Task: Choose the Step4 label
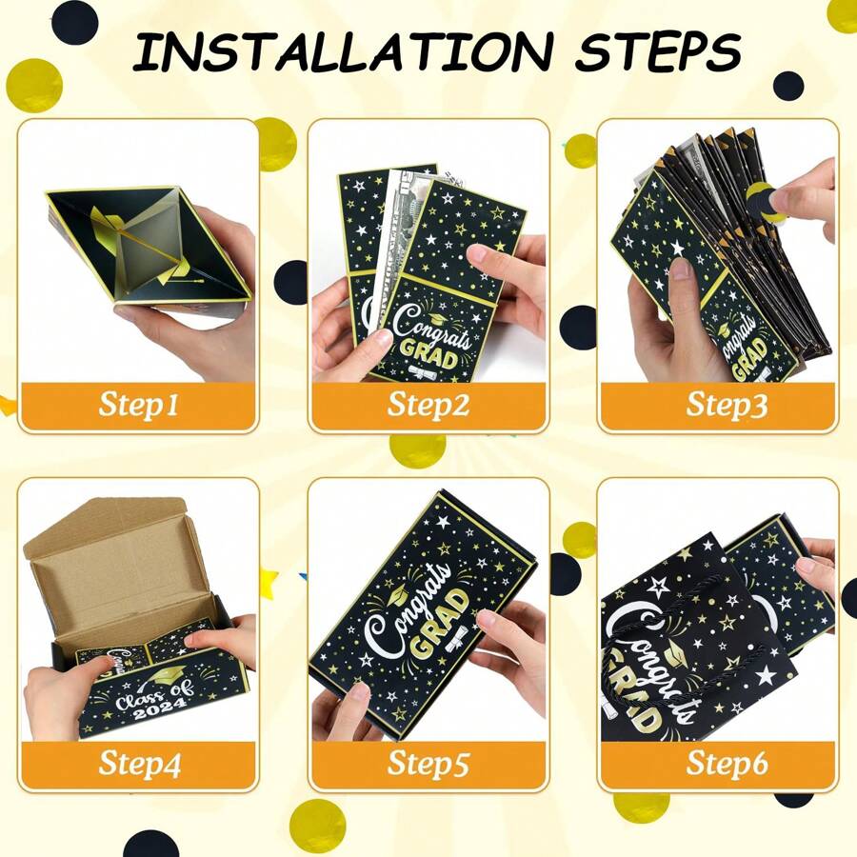[139, 764]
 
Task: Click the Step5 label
[428, 764]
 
